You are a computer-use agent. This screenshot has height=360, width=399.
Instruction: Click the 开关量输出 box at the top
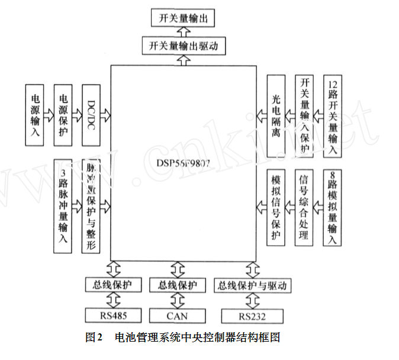pyautogui.click(x=183, y=18)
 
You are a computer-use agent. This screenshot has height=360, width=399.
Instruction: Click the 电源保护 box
pyautogui.click(x=63, y=115)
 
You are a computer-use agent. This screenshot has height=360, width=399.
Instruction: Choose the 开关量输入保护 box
pyautogui.click(x=305, y=116)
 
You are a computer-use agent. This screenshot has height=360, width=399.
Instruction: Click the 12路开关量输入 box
pyautogui.click(x=333, y=116)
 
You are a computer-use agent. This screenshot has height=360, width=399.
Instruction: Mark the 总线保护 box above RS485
pyautogui.click(x=112, y=285)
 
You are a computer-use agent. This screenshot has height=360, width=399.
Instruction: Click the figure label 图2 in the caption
pyautogui.click(x=94, y=338)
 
